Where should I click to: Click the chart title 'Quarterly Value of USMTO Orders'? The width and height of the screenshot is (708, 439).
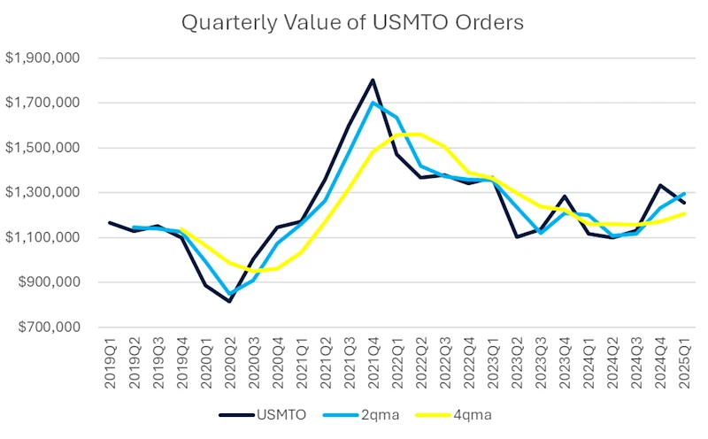(352, 22)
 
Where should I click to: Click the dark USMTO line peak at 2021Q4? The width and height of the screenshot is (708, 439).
(373, 81)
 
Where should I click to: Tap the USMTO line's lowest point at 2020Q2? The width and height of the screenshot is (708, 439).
(229, 302)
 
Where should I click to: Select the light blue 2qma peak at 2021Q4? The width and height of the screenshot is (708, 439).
(373, 103)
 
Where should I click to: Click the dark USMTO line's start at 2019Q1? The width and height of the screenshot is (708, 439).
(110, 222)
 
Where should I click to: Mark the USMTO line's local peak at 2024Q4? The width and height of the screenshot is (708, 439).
(661, 185)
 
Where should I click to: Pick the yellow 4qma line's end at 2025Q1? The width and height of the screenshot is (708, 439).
(685, 213)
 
